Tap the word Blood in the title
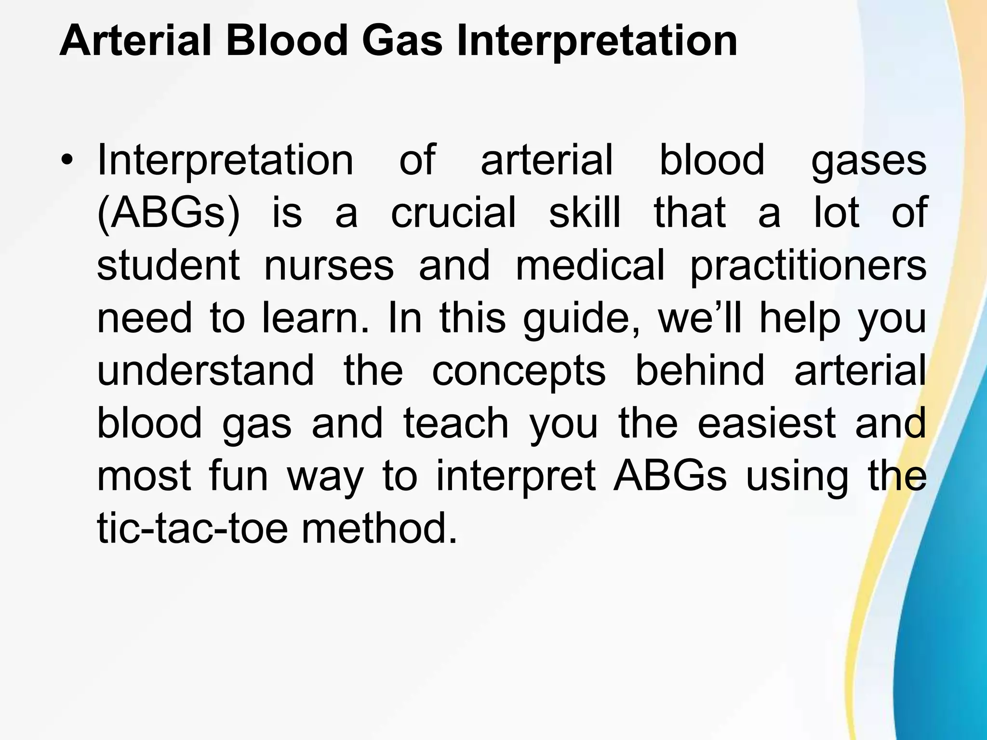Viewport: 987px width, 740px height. coord(286,41)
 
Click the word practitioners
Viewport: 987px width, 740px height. coord(808,266)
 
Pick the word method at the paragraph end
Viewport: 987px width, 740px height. coord(379,529)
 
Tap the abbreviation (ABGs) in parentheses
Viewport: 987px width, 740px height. coord(168,213)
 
